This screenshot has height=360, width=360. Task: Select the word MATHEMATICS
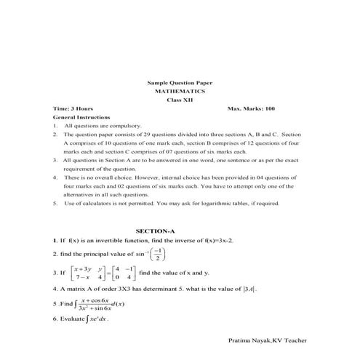(180, 92)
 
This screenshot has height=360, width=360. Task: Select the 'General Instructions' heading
(82, 117)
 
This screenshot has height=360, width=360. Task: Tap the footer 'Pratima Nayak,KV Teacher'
(267, 339)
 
